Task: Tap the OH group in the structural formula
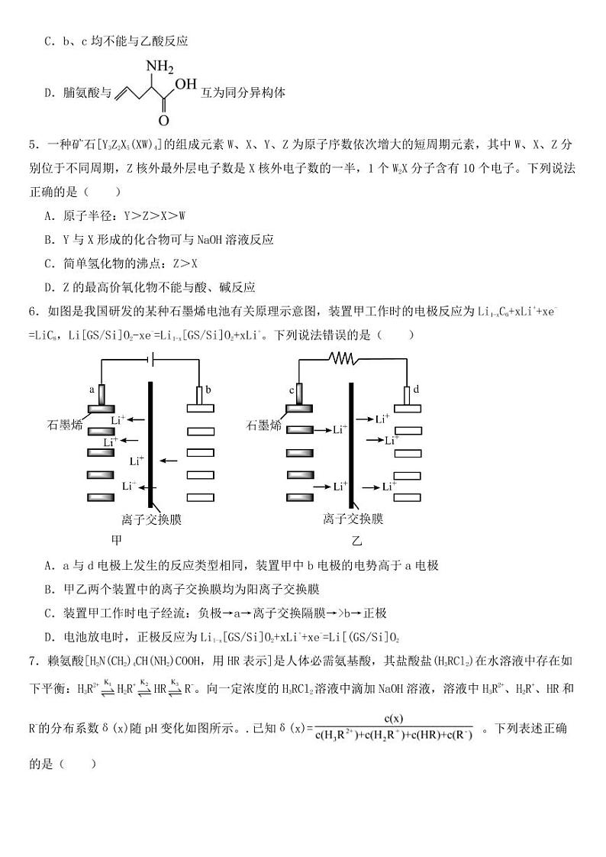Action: coord(185,84)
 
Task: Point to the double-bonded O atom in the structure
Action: coord(163,121)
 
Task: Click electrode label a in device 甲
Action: coord(92,389)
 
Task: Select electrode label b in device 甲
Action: coord(208,389)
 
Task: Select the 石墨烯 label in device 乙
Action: coord(262,425)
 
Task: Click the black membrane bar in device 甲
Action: coord(150,443)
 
